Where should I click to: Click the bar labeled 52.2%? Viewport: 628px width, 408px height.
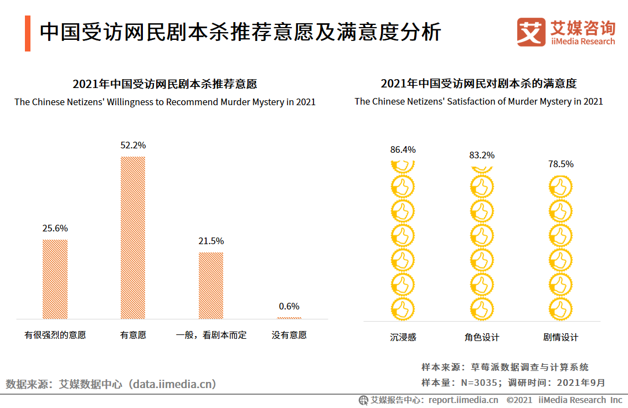(133, 237)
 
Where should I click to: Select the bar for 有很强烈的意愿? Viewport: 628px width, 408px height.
(55, 279)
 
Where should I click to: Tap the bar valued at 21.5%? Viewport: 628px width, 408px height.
(211, 285)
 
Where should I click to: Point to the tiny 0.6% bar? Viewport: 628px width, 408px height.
(289, 318)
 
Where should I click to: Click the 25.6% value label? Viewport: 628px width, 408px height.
(55, 228)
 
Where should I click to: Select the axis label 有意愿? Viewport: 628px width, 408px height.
(133, 335)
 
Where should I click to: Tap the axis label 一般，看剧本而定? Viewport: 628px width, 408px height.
(211, 335)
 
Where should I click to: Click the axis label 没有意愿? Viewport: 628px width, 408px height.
(289, 335)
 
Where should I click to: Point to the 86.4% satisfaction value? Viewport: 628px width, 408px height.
(403, 149)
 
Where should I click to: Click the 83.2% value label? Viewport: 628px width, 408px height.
(481, 155)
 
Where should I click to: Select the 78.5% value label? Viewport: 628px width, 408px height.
(560, 164)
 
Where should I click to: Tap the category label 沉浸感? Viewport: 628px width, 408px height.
(403, 337)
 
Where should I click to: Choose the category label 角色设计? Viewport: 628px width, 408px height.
(481, 337)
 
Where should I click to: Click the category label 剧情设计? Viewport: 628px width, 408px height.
(560, 337)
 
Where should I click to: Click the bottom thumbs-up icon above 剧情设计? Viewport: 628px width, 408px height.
(560, 308)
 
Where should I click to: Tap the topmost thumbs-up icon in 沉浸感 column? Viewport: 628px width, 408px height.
(403, 166)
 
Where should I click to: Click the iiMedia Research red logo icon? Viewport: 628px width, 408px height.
(531, 32)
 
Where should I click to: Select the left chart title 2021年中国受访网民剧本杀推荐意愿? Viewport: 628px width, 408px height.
(164, 84)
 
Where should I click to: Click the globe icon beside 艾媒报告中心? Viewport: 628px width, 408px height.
(363, 400)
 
